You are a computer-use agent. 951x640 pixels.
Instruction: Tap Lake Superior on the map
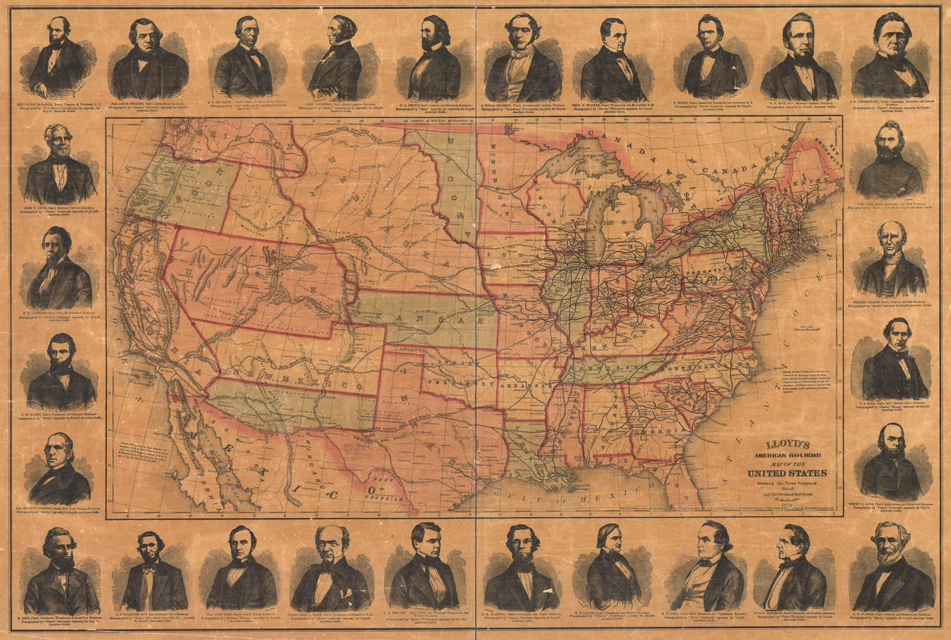pyautogui.click(x=571, y=163)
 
